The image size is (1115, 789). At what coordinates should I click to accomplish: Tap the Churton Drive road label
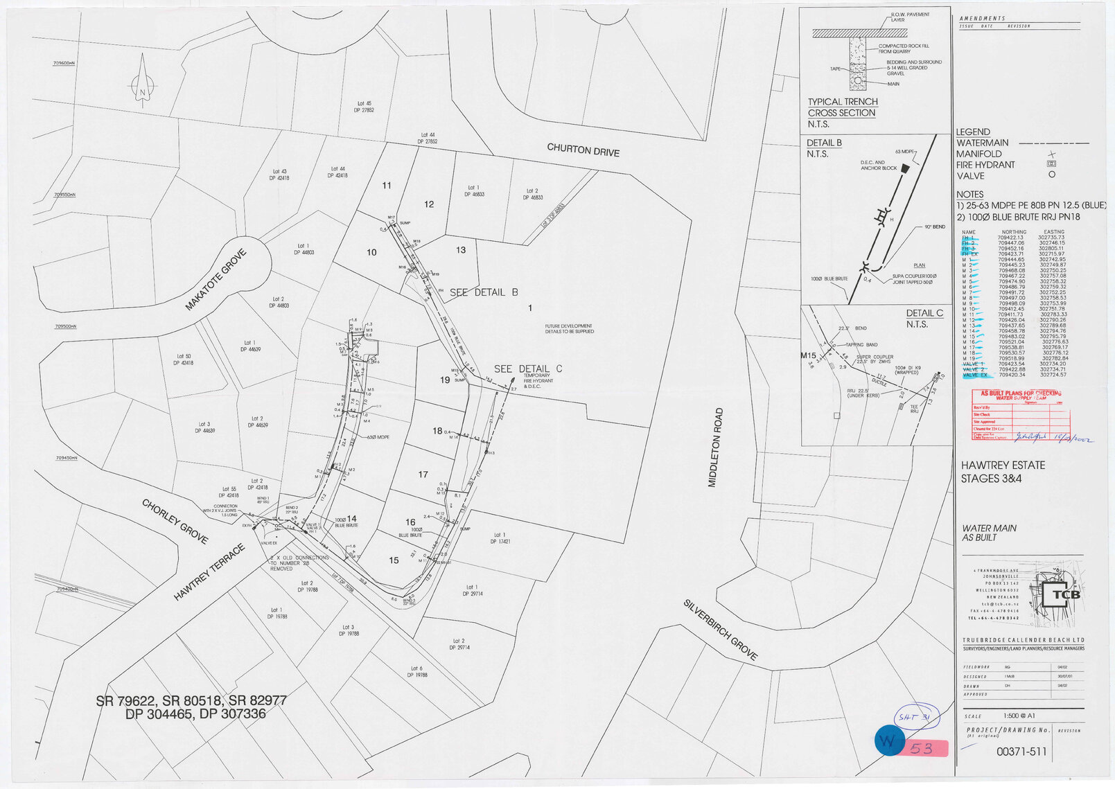tap(583, 150)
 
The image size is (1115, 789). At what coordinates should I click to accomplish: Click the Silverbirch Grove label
tap(721, 629)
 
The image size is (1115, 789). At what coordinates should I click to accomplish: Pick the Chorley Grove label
tap(175, 521)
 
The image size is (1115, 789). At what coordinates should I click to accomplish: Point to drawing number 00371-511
tap(1021, 752)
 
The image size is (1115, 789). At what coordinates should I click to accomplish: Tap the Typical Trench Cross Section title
tap(842, 107)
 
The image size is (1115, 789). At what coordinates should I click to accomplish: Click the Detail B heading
tap(824, 143)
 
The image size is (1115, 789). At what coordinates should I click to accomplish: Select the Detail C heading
tap(924, 313)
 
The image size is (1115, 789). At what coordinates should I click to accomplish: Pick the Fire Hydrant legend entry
tap(985, 165)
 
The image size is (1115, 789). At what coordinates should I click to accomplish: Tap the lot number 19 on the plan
tap(445, 380)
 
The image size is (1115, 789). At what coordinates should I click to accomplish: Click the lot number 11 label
tap(387, 185)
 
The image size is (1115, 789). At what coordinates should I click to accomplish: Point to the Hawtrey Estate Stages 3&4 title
tap(1003, 472)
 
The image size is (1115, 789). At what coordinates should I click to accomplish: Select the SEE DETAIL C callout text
tap(528, 369)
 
